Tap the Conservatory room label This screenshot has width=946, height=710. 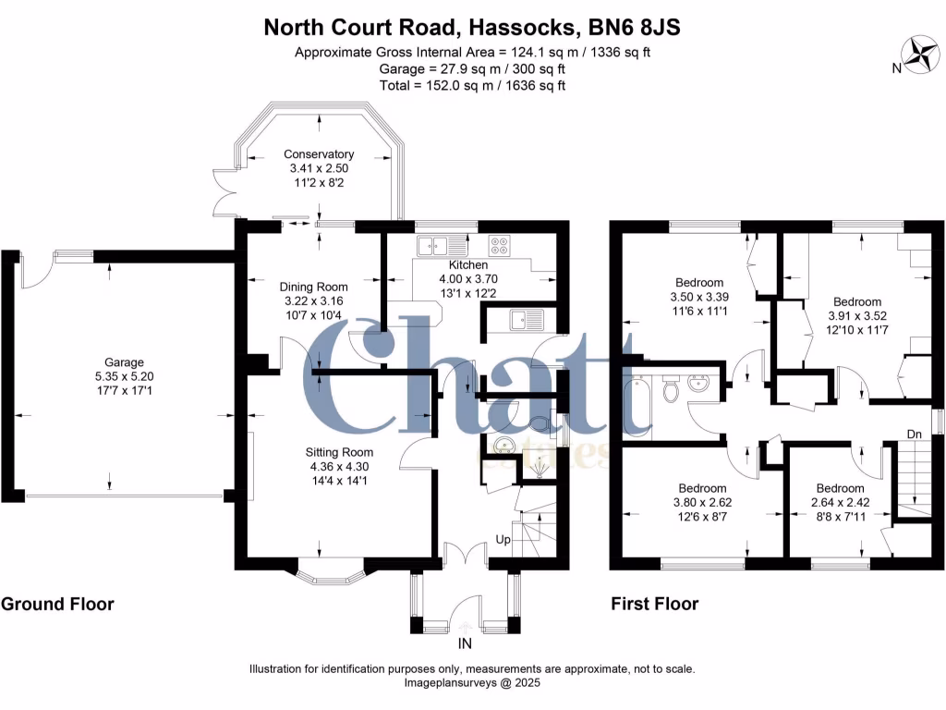click(319, 154)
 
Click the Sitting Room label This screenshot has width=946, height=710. click(339, 452)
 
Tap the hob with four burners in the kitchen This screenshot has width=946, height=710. click(499, 246)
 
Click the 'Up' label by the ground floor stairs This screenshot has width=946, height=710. click(504, 538)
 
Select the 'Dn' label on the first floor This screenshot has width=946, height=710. click(914, 433)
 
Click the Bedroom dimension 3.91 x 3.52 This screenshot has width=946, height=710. click(856, 315)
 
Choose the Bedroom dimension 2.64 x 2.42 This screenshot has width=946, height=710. click(840, 503)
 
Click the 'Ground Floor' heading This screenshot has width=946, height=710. click(57, 604)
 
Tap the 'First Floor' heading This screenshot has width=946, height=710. click(654, 604)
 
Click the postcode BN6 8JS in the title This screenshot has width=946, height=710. click(638, 27)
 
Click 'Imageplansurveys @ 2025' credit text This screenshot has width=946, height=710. click(472, 683)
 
